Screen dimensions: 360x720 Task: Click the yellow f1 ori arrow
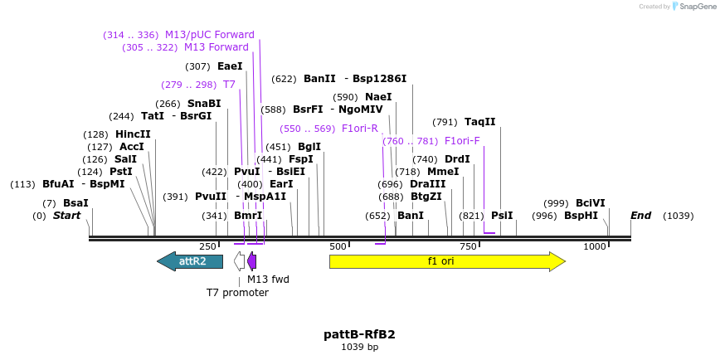point(446,261)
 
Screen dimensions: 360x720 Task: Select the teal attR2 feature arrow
point(191,261)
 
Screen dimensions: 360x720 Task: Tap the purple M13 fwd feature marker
point(251,261)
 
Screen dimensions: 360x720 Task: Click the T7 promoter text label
point(237,293)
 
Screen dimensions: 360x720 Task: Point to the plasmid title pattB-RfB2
point(359,334)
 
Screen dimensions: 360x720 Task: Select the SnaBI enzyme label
point(204,104)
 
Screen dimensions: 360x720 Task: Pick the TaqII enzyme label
point(479,122)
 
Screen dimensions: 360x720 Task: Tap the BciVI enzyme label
point(590,203)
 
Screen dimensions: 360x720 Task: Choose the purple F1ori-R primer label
point(359,129)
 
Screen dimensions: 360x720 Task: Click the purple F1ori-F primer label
point(462,141)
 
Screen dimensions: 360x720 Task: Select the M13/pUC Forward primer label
point(209,35)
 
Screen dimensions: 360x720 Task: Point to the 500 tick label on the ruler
point(338,247)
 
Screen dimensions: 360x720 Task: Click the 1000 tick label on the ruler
point(595,247)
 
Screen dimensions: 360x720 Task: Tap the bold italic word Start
point(67,216)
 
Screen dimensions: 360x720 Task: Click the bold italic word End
point(640,216)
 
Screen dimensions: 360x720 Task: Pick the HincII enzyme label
point(133,134)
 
